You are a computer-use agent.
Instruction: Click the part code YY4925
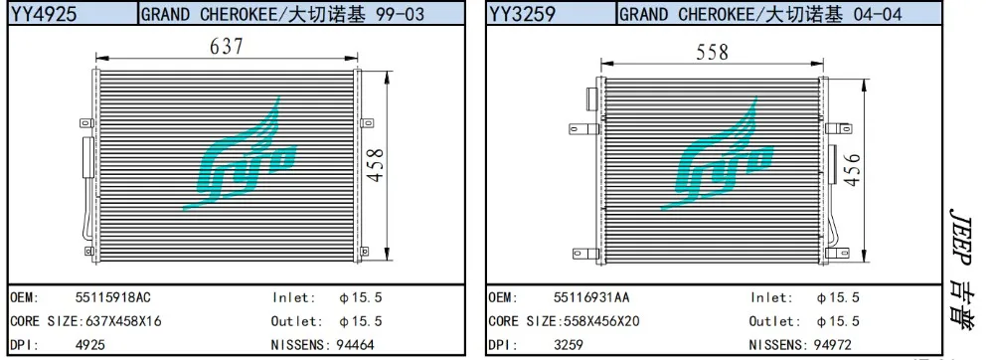[x=44, y=13]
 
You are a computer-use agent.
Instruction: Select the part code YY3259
[x=523, y=13]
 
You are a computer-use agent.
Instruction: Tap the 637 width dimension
[x=227, y=46]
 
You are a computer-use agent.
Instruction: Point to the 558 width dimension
[x=713, y=52]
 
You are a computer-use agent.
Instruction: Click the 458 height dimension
[x=376, y=165]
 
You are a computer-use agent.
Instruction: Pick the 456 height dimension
[x=854, y=169]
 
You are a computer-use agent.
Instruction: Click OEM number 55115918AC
[x=113, y=297]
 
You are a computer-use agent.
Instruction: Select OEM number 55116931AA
[x=591, y=297]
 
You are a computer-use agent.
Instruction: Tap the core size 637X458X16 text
[x=123, y=321]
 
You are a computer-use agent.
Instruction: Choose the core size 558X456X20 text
[x=601, y=321]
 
